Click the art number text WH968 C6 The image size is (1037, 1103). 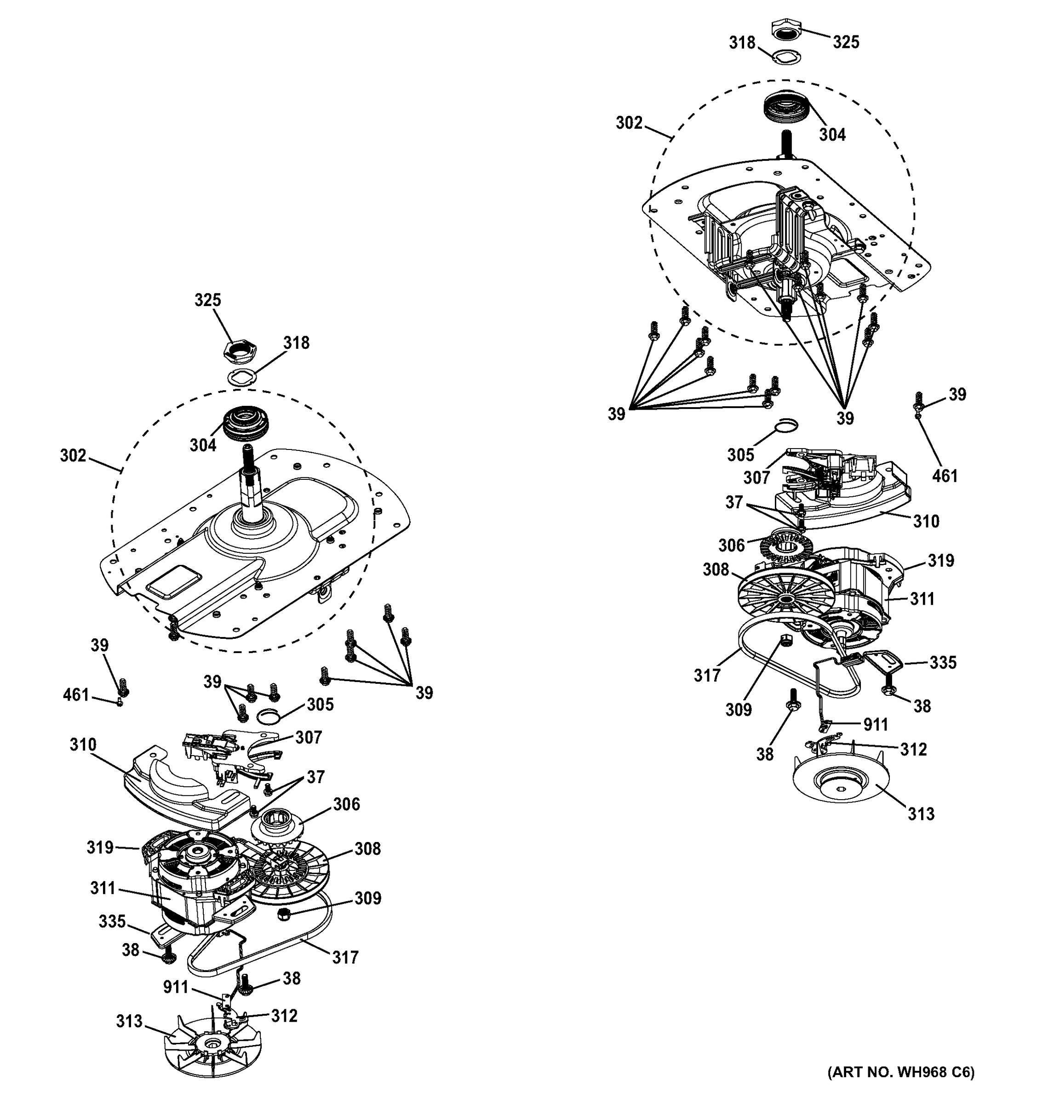900,1087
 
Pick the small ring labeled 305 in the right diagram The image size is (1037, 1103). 786,426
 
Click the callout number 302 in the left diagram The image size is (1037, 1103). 73,455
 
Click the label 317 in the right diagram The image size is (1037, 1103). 707,675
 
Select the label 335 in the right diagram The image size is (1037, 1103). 943,662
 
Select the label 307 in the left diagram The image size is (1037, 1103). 308,737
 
